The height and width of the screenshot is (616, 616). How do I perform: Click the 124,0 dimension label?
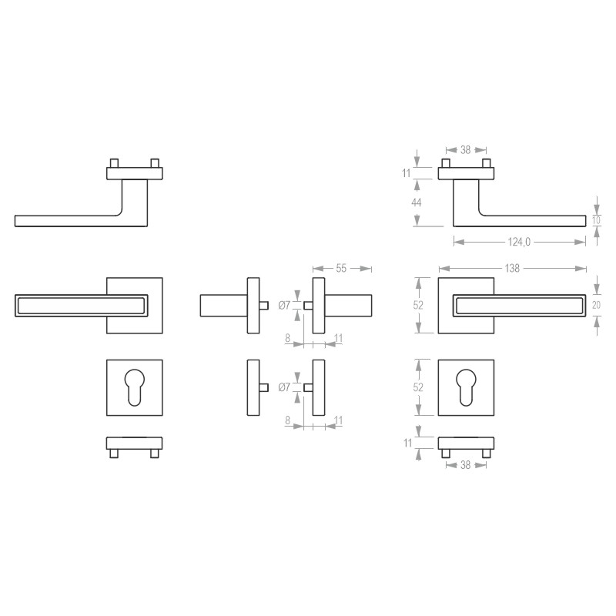coord(519,242)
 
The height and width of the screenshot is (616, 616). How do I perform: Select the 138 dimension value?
coord(512,268)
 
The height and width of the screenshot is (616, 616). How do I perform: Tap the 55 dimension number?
coord(341,268)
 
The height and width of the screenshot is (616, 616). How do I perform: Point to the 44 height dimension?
coord(416,203)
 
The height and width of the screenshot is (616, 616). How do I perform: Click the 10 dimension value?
coord(596,220)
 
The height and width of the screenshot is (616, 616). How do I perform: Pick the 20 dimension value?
coord(596,305)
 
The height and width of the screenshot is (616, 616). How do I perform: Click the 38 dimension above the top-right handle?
coord(466,149)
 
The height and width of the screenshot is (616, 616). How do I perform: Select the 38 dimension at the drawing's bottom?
coord(466,465)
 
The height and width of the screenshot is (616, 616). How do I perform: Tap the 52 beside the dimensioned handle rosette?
coord(418,305)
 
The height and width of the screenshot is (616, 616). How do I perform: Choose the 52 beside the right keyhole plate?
coord(418,387)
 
